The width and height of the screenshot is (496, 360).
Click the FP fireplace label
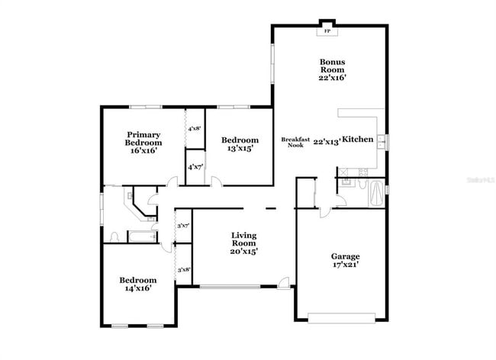click(x=328, y=31)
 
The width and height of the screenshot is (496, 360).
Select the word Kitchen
click(x=357, y=140)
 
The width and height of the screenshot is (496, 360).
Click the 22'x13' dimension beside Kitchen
click(x=327, y=140)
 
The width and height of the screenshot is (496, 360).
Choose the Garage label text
click(x=345, y=256)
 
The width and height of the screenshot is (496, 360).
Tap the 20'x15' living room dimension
click(x=244, y=251)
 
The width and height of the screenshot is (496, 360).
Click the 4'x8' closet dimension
click(x=195, y=129)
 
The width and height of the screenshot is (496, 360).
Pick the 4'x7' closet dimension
click(x=195, y=166)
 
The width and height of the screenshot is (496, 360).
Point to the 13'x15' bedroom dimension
click(x=240, y=149)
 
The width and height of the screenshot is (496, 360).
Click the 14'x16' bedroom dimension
click(x=137, y=288)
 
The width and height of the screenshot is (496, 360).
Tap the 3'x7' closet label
click(x=183, y=226)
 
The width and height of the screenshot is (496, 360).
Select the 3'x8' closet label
click(x=183, y=269)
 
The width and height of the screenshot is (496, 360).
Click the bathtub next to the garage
click(x=376, y=194)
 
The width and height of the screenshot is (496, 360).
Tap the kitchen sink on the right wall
click(x=383, y=142)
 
